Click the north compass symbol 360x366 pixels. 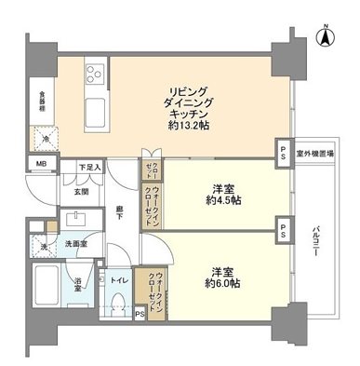pyautogui.click(x=325, y=37)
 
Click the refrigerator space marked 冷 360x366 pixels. pyautogui.click(x=45, y=139)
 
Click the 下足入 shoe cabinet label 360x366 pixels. pyautogui.click(x=89, y=167)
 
